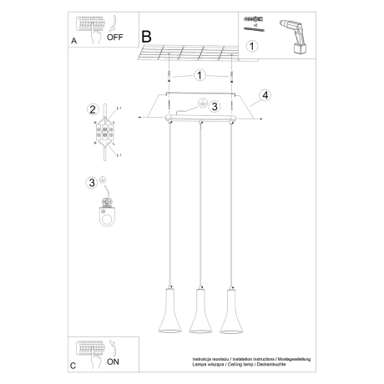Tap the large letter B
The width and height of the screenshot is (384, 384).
click(x=147, y=37)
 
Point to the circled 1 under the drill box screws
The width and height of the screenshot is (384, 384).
click(x=251, y=48)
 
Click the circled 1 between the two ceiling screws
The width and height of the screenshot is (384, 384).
click(x=200, y=75)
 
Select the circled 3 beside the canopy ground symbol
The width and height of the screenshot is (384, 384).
click(x=214, y=106)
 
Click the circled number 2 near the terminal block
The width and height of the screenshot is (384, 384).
click(x=93, y=109)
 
